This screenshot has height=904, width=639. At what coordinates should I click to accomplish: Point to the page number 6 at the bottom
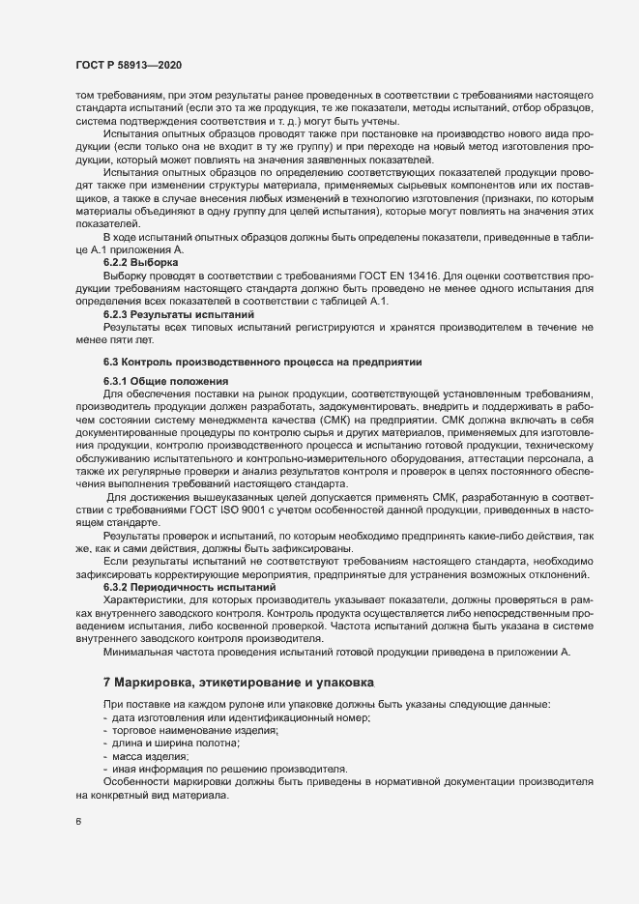click(77, 823)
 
